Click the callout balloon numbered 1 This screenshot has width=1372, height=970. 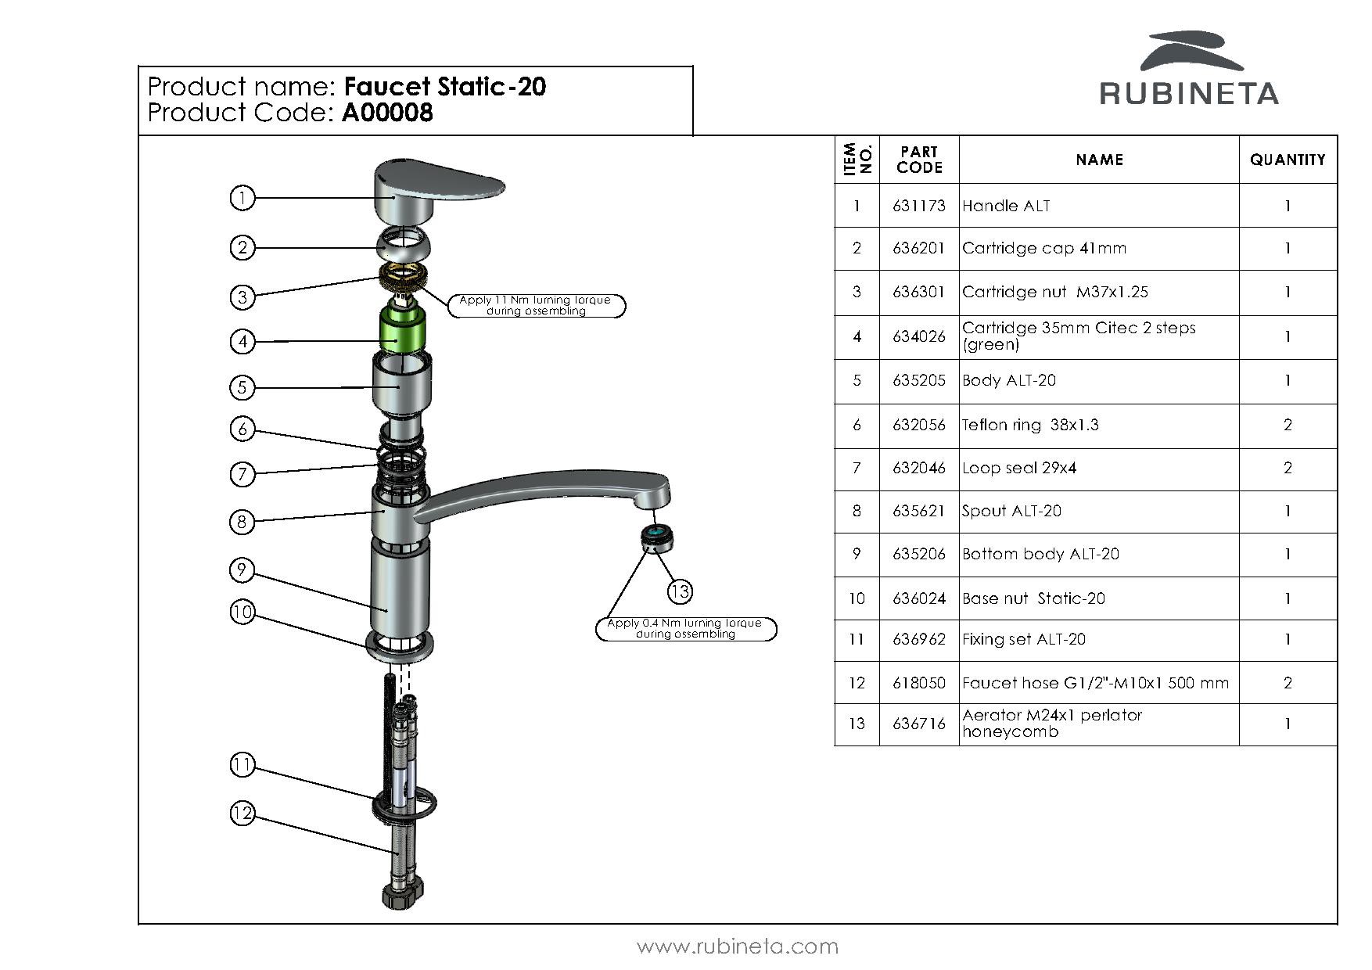point(242,198)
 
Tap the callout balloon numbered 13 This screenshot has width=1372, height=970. point(680,591)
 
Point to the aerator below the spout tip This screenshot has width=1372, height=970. point(656,537)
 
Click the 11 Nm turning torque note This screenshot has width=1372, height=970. point(537,305)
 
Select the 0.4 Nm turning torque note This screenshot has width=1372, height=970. point(686,628)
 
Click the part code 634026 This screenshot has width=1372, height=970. point(919,336)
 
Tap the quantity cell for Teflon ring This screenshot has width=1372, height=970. point(1288,425)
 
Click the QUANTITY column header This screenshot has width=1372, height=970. point(1288,160)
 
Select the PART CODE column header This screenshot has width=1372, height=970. point(919,160)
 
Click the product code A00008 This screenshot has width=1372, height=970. point(387,113)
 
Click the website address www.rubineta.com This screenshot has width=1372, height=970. point(738,947)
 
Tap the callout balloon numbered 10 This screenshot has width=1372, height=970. point(242,612)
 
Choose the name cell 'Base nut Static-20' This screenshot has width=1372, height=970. point(1033,598)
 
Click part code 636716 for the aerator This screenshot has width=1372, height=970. point(919,724)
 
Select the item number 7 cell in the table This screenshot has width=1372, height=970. point(857,468)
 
